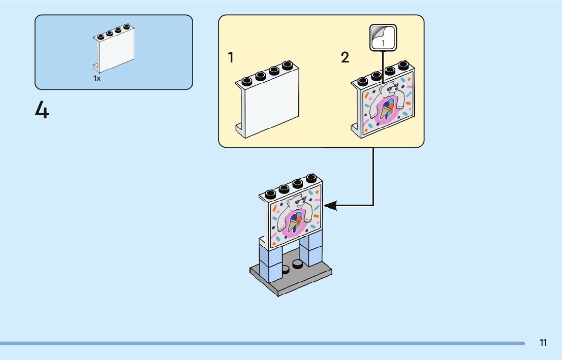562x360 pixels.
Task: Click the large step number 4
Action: [x=42, y=110]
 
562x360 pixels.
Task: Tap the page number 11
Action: [x=543, y=343]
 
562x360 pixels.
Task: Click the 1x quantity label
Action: [x=97, y=78]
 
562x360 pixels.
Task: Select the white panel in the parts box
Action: [x=114, y=48]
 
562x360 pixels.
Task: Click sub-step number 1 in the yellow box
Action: [x=231, y=57]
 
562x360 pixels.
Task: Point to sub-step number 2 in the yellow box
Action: [x=345, y=57]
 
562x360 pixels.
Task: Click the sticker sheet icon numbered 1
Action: [x=383, y=38]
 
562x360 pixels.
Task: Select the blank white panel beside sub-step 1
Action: [x=267, y=100]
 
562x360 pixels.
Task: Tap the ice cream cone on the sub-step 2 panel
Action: [x=386, y=109]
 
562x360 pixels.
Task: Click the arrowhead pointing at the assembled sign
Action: [x=330, y=206]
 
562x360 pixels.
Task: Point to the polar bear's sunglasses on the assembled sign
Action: [x=300, y=201]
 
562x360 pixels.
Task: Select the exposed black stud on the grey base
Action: [x=297, y=265]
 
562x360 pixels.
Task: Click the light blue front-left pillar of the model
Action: [x=269, y=261]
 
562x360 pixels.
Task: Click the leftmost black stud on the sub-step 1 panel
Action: [x=247, y=81]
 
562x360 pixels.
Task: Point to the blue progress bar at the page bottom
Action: [x=262, y=344]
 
